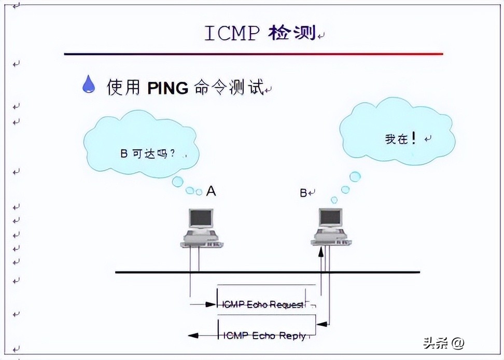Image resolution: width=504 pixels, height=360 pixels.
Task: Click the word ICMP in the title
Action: click(x=232, y=33)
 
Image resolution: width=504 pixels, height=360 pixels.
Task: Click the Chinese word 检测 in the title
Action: click(x=292, y=33)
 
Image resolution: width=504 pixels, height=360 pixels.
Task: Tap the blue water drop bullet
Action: click(x=89, y=84)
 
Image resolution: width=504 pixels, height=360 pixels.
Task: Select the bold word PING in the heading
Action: click(x=167, y=88)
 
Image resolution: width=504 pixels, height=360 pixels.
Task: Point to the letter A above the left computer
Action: click(x=211, y=191)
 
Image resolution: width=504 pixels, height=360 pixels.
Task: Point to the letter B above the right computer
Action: click(x=303, y=193)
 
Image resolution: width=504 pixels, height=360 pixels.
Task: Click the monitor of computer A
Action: click(x=201, y=219)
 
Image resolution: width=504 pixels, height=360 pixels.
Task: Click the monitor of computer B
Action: click(x=330, y=218)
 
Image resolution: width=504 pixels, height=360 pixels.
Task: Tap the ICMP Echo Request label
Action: click(x=262, y=304)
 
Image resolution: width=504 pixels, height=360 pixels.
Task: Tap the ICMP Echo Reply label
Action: click(x=264, y=336)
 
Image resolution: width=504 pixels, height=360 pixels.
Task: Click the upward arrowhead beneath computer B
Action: click(x=321, y=252)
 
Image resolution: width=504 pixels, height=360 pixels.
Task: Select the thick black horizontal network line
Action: click(x=267, y=272)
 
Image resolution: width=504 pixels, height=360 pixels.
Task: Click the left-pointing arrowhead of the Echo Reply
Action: click(x=191, y=336)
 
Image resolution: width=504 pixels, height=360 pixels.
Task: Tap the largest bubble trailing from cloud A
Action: click(x=177, y=182)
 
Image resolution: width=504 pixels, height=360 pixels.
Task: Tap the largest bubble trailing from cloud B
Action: click(x=355, y=177)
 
